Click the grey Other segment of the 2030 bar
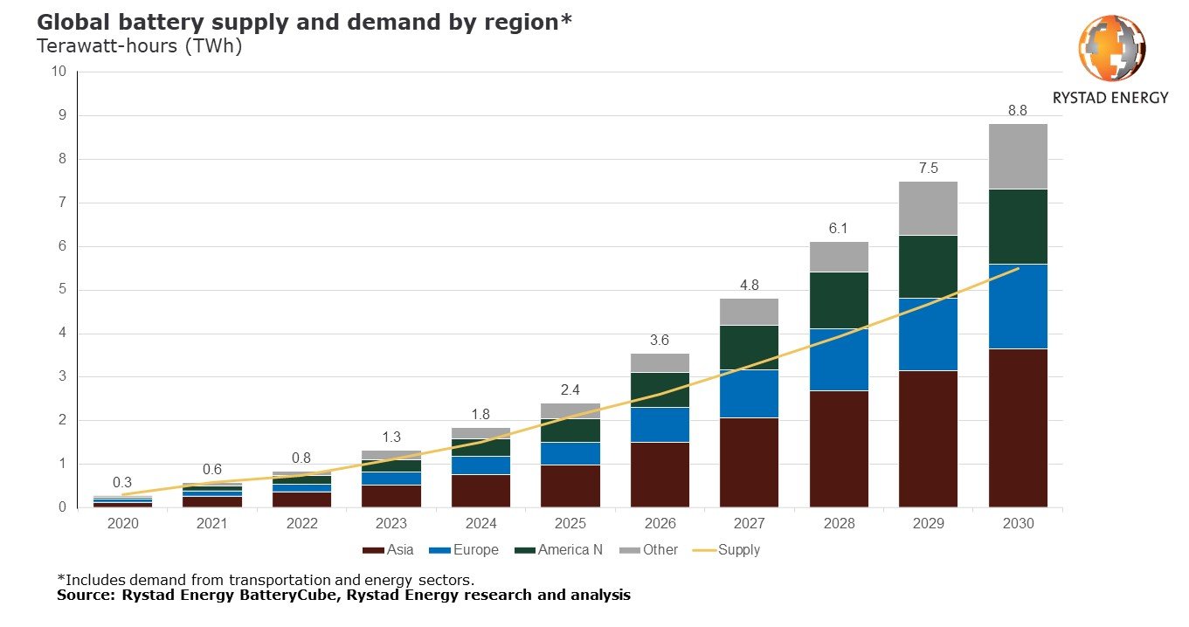(1018, 156)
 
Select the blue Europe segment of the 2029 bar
(928, 334)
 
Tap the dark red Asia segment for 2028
(839, 449)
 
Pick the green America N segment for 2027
(749, 348)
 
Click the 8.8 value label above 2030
(1018, 111)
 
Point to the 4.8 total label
(749, 285)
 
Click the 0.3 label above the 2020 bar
(122, 483)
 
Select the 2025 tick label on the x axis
(570, 523)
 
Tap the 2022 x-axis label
(301, 523)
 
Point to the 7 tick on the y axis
(60, 203)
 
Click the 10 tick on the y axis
(58, 72)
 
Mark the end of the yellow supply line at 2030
(1018, 269)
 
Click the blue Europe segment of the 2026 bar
(660, 424)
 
